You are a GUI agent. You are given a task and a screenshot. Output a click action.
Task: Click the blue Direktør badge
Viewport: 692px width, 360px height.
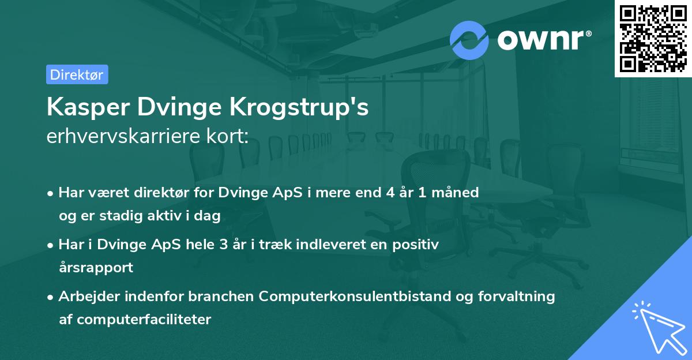(77, 74)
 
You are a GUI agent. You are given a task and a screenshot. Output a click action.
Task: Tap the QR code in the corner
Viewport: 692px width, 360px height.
(652, 38)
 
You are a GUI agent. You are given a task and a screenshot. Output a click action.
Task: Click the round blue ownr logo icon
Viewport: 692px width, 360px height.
(469, 40)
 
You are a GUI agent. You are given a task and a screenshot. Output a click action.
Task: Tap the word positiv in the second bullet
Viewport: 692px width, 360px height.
(417, 244)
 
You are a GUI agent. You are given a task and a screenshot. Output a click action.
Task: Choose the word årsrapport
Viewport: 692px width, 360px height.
(96, 267)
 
